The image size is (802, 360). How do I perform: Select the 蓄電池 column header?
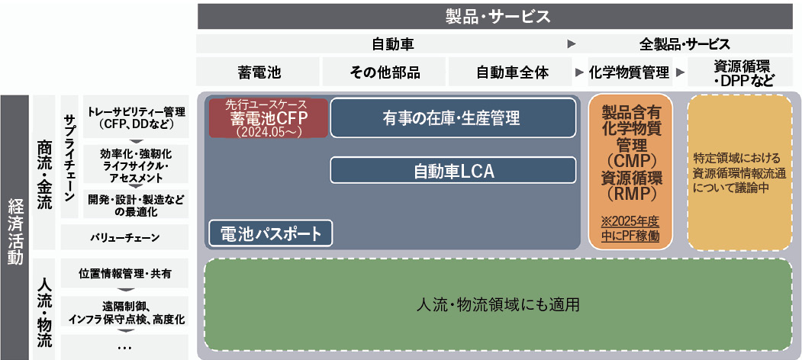pyautogui.click(x=259, y=72)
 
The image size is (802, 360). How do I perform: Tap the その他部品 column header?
pyautogui.click(x=385, y=72)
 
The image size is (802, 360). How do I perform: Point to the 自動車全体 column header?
pyautogui.click(x=512, y=72)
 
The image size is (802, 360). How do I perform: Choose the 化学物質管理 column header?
pyautogui.click(x=629, y=72)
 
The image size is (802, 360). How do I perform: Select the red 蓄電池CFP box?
pyautogui.click(x=269, y=117)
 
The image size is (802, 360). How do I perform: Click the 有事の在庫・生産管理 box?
pyautogui.click(x=452, y=117)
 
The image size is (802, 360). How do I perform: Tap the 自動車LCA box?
pyautogui.click(x=453, y=171)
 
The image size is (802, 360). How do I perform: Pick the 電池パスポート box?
pyautogui.click(x=270, y=233)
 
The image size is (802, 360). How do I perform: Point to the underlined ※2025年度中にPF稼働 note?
pyautogui.click(x=630, y=228)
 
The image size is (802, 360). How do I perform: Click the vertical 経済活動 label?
pyautogui.click(x=14, y=226)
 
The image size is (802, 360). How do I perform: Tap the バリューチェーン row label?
pyautogui.click(x=124, y=238)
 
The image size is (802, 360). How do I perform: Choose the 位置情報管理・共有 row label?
pyautogui.click(x=124, y=273)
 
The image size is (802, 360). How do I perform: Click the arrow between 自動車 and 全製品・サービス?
pyautogui.click(x=571, y=44)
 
